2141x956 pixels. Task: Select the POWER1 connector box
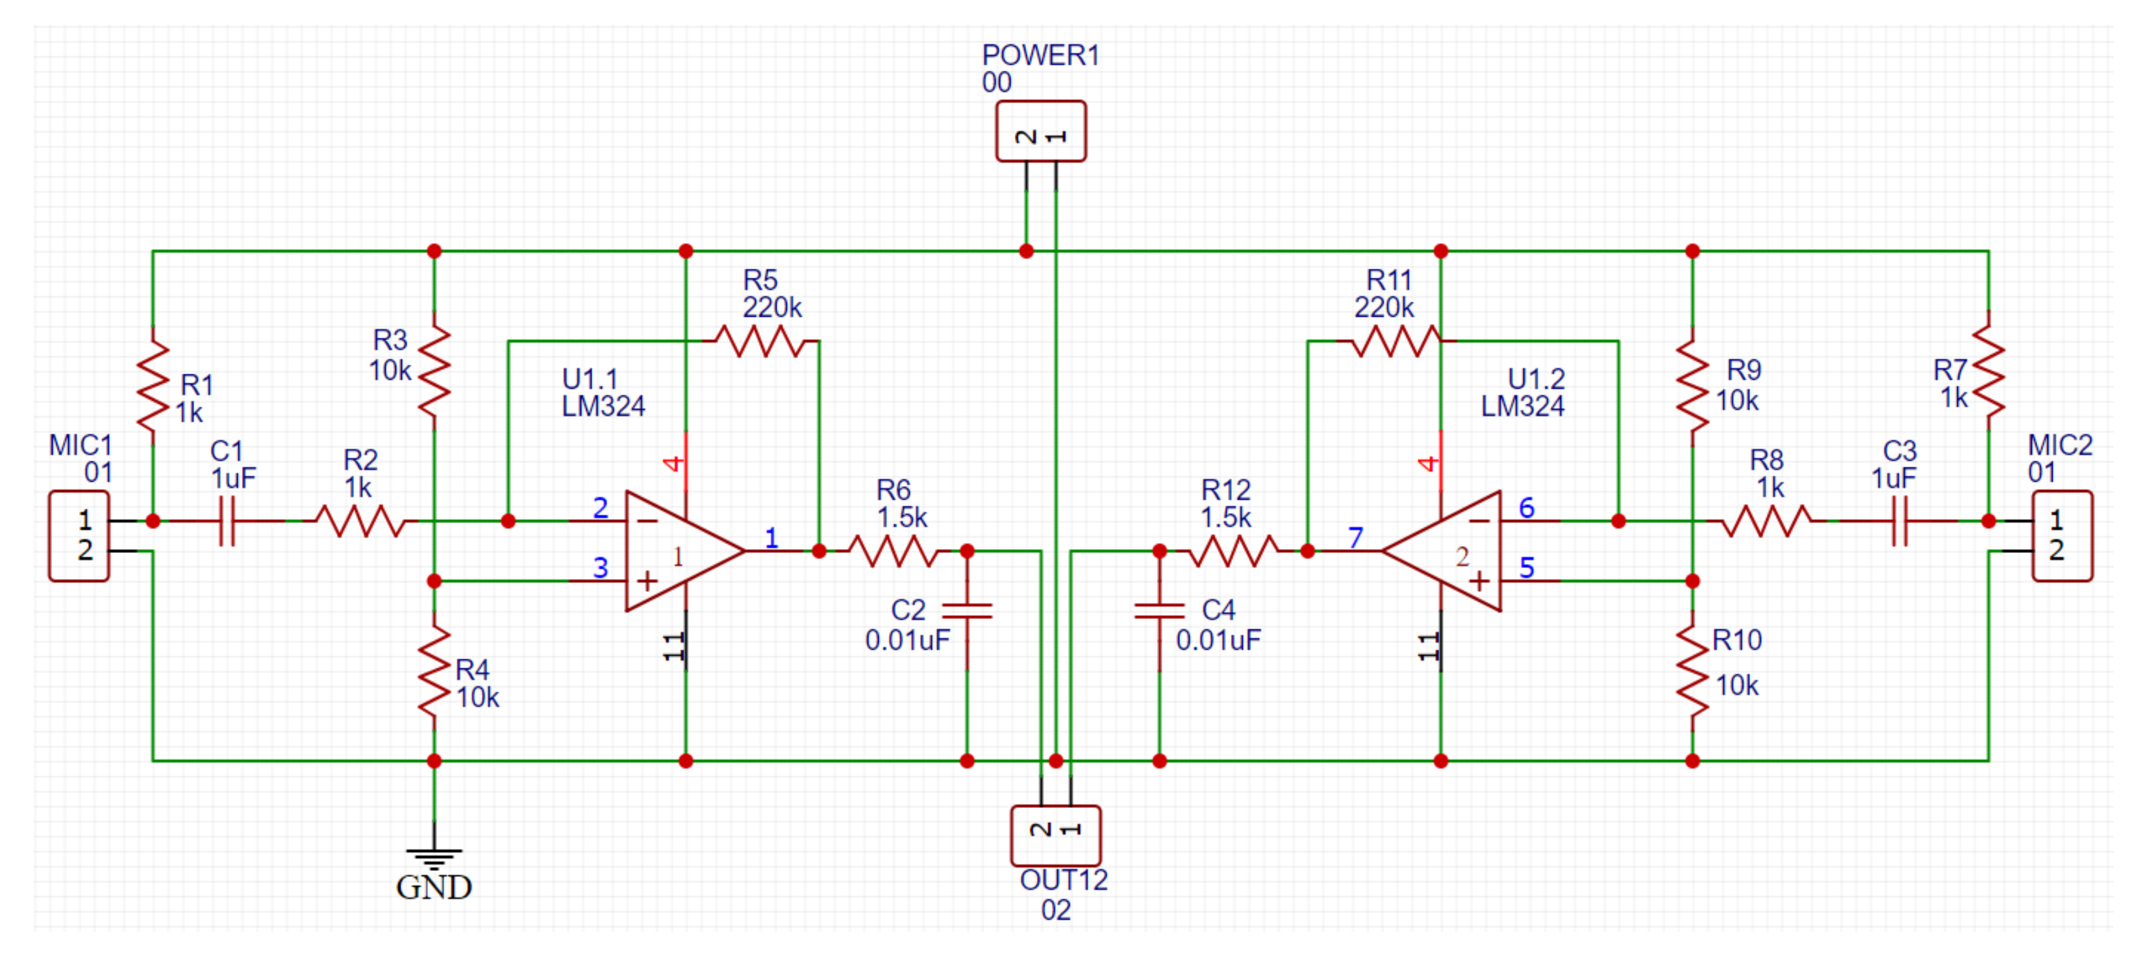coord(1040,132)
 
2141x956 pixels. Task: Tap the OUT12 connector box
coord(1055,835)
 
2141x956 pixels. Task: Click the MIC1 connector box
coord(79,535)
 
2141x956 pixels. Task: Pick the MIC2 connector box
coord(2062,535)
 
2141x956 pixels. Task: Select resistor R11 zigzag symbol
coord(1396,341)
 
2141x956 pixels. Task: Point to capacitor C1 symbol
coord(227,521)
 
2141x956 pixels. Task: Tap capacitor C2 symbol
coord(967,611)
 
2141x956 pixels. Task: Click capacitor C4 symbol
coord(1159,611)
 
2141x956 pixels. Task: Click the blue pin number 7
coord(1356,537)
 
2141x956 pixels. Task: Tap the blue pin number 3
coord(600,567)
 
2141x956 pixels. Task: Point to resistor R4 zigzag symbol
coord(434,671)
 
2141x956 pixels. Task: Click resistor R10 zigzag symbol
coord(1692,671)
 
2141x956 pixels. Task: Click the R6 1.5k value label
coord(903,517)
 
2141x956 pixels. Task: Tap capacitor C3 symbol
coord(1899,521)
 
